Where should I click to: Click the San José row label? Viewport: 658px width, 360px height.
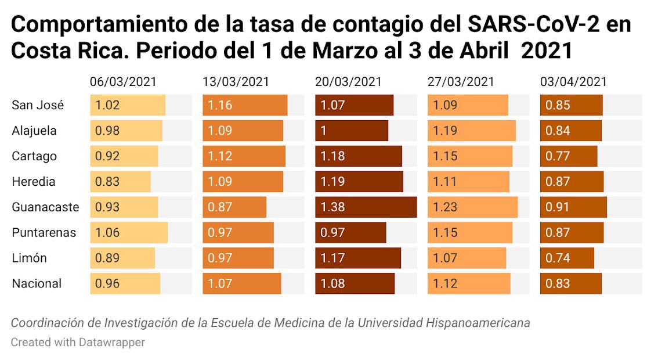[38, 105]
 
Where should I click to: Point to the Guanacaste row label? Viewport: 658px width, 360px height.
[45, 207]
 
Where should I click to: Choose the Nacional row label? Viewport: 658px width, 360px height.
[37, 283]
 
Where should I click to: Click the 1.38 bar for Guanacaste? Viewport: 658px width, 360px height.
[366, 207]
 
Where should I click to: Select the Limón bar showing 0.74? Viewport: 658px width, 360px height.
[567, 258]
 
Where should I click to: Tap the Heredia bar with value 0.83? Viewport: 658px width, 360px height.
[120, 182]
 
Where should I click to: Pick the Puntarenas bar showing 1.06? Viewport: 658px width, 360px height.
[128, 232]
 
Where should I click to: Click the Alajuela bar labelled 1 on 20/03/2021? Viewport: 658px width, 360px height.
[352, 131]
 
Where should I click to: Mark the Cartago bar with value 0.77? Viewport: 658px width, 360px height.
[568, 156]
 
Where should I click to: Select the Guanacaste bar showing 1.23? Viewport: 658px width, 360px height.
[472, 207]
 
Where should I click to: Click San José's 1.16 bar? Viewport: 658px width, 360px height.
[245, 105]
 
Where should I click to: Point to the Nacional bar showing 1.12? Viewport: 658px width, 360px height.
[469, 283]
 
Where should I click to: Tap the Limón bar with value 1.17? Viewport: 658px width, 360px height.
[358, 258]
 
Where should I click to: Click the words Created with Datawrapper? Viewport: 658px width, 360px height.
[78, 342]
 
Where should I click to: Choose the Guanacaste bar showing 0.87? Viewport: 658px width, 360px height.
[234, 207]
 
